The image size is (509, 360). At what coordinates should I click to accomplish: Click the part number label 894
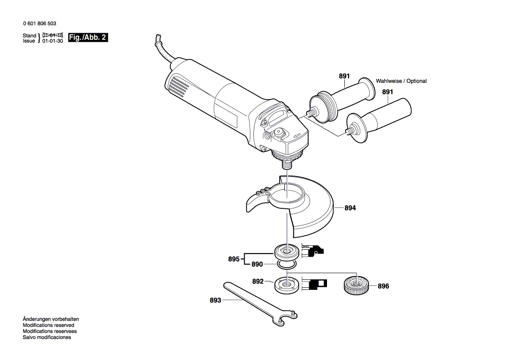(x=350, y=208)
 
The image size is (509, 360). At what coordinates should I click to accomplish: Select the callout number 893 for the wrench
(x=216, y=300)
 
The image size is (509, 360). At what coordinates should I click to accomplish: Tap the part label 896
(x=383, y=286)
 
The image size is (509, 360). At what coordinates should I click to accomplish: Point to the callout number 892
(x=258, y=282)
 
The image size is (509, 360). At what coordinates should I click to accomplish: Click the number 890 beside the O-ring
(x=257, y=264)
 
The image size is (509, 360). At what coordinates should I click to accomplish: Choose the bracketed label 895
(x=234, y=259)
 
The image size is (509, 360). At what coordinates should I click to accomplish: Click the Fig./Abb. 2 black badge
(x=88, y=38)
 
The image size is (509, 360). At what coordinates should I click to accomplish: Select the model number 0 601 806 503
(x=39, y=24)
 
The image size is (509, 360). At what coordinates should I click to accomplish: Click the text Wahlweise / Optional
(x=401, y=81)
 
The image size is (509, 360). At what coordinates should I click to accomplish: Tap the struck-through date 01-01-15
(x=53, y=35)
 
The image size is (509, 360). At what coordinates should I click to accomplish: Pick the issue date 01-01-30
(x=53, y=41)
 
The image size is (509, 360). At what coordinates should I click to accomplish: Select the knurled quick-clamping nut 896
(x=357, y=286)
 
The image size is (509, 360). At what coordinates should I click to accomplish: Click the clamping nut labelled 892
(x=286, y=285)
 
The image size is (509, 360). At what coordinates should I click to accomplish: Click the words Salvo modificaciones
(x=47, y=337)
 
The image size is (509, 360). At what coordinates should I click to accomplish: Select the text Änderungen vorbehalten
(x=51, y=319)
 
